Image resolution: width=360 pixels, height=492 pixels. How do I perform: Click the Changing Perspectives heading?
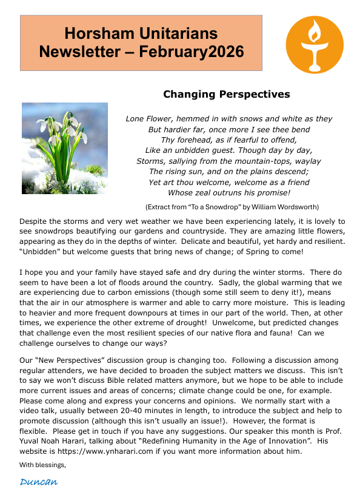pyautogui.click(x=226, y=94)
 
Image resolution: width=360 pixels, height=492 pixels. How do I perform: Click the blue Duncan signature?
pyautogui.click(x=39, y=482)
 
